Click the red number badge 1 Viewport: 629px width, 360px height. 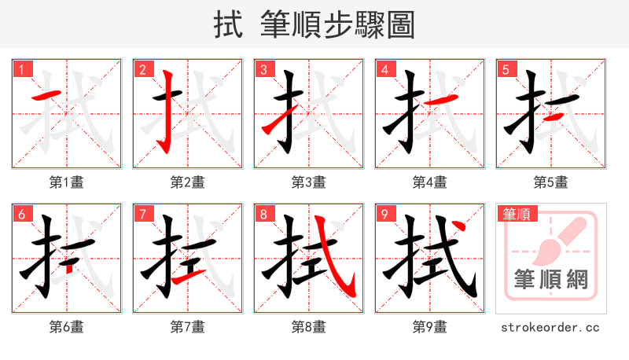(x=20, y=69)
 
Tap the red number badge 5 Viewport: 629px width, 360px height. (x=505, y=69)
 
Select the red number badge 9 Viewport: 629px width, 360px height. (x=384, y=214)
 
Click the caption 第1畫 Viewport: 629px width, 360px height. (x=67, y=182)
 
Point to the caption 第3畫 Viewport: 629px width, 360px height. (x=309, y=182)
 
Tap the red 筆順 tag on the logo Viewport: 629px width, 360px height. (x=516, y=214)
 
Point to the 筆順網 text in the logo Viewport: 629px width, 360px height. (x=550, y=281)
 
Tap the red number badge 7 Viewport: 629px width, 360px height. (x=142, y=214)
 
